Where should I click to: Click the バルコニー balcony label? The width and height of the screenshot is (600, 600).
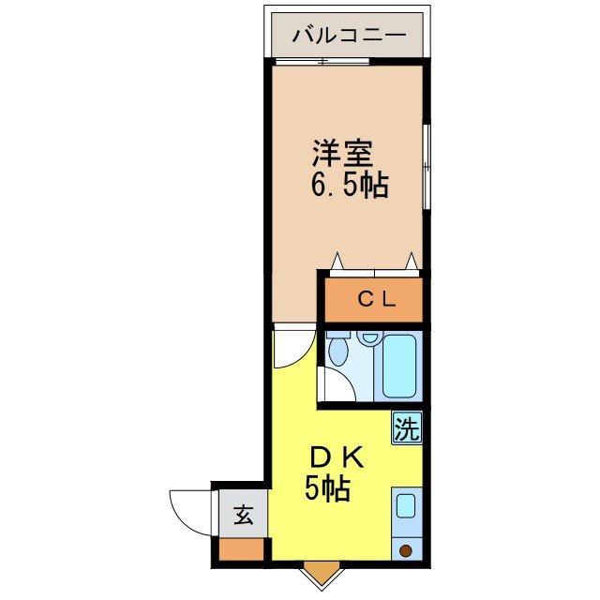pyautogui.click(x=349, y=37)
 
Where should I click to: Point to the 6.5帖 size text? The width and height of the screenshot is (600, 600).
pyautogui.click(x=349, y=185)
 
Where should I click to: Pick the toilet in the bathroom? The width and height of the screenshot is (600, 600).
pyautogui.click(x=339, y=354)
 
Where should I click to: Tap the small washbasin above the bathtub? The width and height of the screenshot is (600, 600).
pyautogui.click(x=369, y=337)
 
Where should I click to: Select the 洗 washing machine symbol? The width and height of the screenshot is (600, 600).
pyautogui.click(x=406, y=429)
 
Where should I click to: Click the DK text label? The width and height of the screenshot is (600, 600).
pyautogui.click(x=336, y=457)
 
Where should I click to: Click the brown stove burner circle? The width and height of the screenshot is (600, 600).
pyautogui.click(x=406, y=551)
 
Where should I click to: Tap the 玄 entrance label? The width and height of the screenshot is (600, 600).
pyautogui.click(x=243, y=514)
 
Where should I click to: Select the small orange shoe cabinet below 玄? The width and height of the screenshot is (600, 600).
pyautogui.click(x=243, y=549)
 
